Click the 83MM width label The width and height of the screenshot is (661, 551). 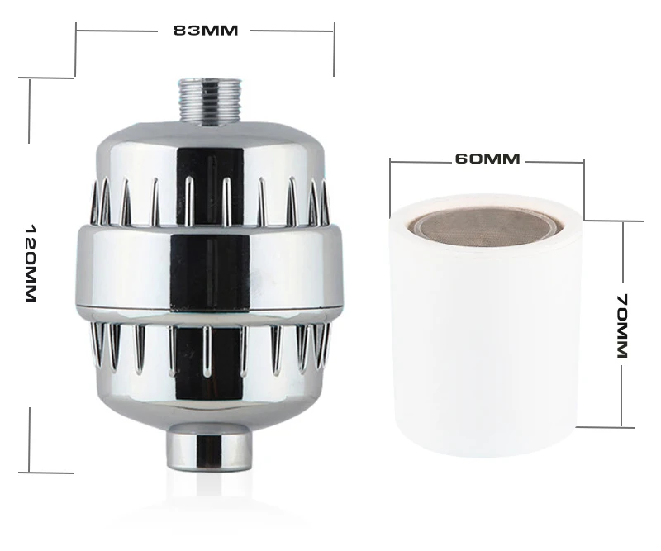206,31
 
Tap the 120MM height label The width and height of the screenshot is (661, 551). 31,264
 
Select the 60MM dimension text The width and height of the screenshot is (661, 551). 487,159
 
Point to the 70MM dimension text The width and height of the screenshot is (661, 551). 623,325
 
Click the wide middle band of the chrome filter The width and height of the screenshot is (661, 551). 210,268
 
